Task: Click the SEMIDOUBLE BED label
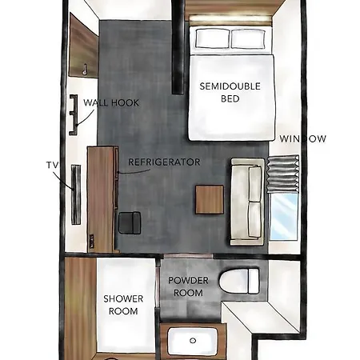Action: pos(230,92)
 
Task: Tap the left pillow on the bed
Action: pos(213,38)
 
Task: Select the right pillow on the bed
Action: pos(248,39)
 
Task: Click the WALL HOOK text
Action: pos(111,102)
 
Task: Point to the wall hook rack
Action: pos(74,114)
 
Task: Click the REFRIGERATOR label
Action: pos(164,162)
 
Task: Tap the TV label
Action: pos(52,166)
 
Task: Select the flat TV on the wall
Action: pos(76,194)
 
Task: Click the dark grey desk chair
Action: pos(130,223)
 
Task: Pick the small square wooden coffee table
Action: pos(210,199)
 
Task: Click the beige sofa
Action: pos(247,202)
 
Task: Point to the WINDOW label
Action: pos(302,138)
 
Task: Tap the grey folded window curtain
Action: pos(283,174)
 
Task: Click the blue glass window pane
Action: pos(284,217)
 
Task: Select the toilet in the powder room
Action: pos(239,281)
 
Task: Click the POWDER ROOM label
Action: pos(188,286)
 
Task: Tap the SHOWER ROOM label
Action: pos(123,305)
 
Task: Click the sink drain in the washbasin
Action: pos(193,341)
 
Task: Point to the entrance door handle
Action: pos(85,70)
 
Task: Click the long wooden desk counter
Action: pos(102,199)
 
